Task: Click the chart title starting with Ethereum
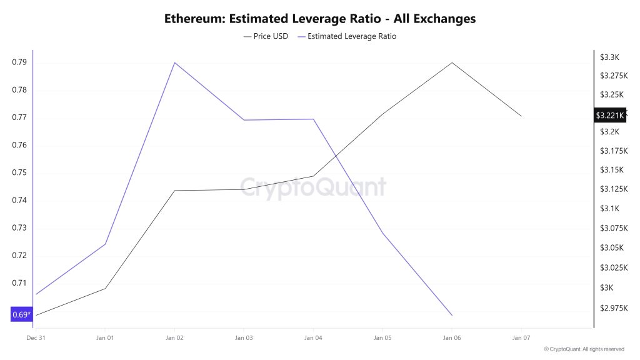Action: pos(320,19)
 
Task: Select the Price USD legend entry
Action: pos(266,36)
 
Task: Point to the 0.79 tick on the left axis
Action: pos(19,62)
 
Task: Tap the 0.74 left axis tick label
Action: pos(19,200)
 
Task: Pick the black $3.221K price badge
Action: pos(609,115)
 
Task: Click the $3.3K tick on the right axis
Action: pos(609,57)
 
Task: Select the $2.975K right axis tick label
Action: pos(612,307)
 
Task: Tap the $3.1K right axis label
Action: pos(609,208)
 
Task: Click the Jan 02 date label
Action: pos(174,338)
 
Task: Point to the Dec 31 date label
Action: pos(36,338)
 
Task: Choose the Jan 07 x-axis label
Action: pos(521,338)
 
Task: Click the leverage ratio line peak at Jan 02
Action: pos(174,62)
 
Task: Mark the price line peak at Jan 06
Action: pos(452,62)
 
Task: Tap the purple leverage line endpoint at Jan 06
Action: pos(452,315)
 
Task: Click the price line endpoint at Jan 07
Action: pos(521,116)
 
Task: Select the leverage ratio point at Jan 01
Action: pos(105,244)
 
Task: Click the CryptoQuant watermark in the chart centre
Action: pos(313,187)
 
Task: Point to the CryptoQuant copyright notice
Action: pos(584,349)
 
